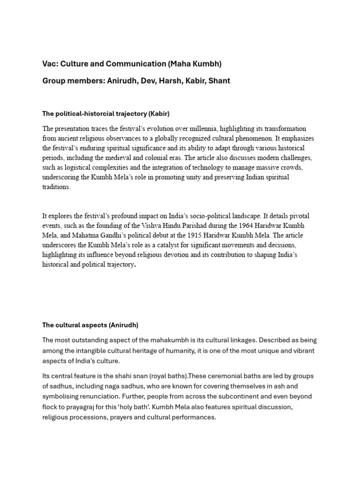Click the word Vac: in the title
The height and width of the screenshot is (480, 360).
point(51,64)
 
